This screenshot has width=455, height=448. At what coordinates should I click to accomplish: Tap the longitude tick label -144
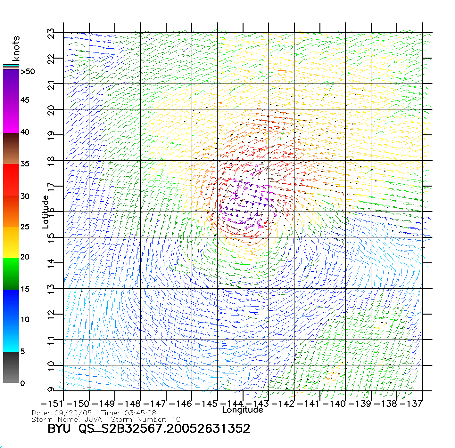[x=232, y=404]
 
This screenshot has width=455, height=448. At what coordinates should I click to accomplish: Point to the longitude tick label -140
[x=334, y=404]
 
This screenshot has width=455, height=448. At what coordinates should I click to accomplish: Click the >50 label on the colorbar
[x=28, y=72]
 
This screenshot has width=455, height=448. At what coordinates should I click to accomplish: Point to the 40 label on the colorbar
[x=25, y=132]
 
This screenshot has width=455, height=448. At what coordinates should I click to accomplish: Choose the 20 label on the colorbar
[x=25, y=257]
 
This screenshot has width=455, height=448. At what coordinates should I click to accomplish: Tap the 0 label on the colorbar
[x=22, y=383]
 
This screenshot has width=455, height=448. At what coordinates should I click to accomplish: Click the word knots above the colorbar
[x=16, y=48]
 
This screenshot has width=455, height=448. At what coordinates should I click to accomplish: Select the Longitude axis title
[x=243, y=410]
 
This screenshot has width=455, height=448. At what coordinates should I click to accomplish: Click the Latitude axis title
[x=45, y=212]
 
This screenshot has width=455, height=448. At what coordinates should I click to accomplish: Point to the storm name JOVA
[x=93, y=419]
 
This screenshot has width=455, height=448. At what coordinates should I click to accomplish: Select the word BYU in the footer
[x=59, y=428]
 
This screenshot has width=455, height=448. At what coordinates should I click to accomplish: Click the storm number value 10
[x=176, y=419]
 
